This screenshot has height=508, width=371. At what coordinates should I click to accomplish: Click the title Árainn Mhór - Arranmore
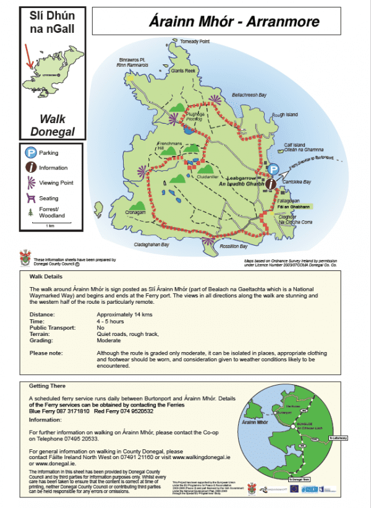234,22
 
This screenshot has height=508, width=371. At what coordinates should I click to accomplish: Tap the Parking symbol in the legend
30,152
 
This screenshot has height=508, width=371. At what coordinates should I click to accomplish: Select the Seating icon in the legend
30,198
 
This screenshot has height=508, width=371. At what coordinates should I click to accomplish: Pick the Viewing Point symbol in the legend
30,183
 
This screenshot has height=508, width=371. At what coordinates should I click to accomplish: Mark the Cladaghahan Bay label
152,244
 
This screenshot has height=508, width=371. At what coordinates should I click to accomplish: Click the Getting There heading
48,385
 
